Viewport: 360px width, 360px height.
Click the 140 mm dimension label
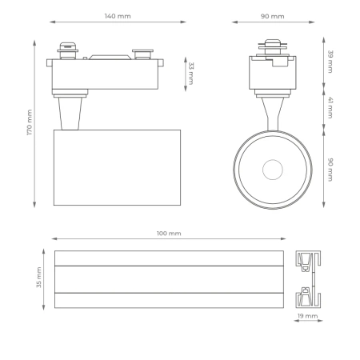coord(118,16)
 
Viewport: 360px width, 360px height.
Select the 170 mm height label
coord(30,122)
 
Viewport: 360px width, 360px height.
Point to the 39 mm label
coord(330,62)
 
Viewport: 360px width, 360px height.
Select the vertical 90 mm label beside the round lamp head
coord(330,169)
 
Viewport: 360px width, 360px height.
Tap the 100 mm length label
coord(169,233)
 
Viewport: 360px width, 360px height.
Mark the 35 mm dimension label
coord(38,279)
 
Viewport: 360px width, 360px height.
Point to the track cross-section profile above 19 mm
coord(309,278)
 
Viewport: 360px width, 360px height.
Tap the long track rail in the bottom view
coord(169,279)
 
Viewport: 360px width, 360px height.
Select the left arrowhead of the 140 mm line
coord(52,22)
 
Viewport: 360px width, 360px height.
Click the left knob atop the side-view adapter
coord(66,49)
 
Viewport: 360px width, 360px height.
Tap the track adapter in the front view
coord(272,68)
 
